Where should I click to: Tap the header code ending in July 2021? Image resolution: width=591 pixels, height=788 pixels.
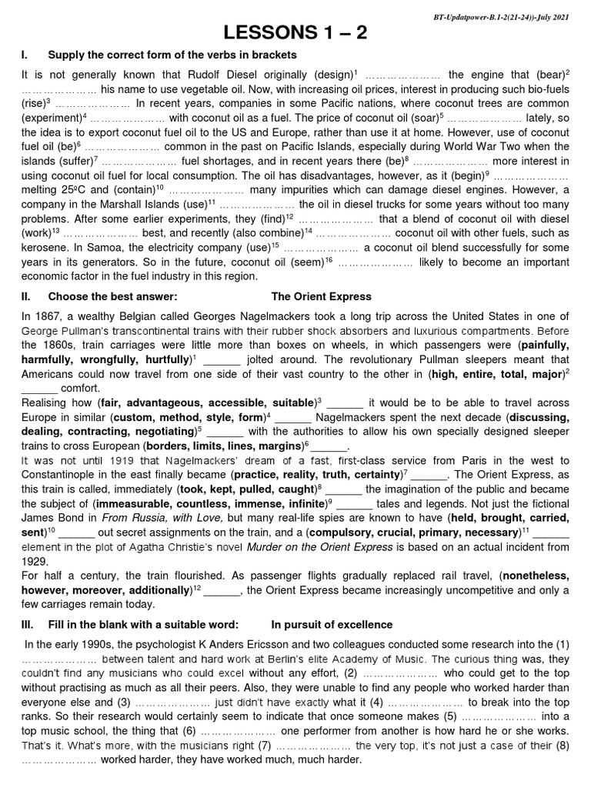point(491,16)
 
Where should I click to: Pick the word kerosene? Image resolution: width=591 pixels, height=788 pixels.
point(45,249)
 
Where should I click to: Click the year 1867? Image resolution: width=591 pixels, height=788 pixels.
point(53,316)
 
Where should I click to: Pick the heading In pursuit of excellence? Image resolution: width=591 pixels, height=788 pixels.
point(332,624)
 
